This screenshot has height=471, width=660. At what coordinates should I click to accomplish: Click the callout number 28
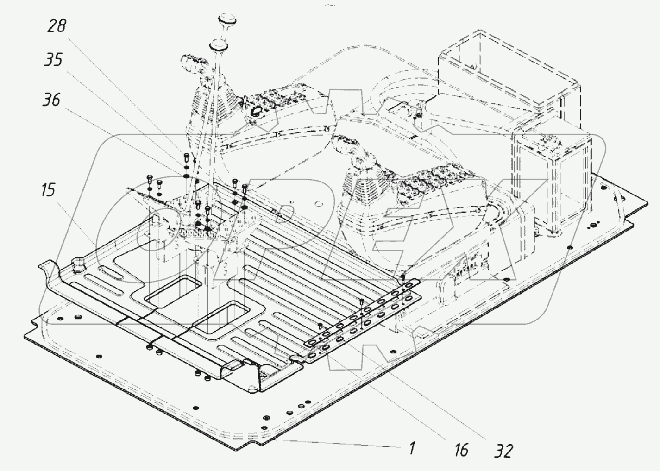point(57,26)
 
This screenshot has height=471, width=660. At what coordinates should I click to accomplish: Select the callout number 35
point(53,60)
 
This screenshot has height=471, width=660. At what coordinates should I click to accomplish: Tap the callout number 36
point(52,99)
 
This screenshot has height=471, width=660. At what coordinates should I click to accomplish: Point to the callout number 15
point(48,190)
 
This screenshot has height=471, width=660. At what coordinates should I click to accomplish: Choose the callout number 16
point(461,450)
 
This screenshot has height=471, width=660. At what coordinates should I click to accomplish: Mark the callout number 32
point(503,451)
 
